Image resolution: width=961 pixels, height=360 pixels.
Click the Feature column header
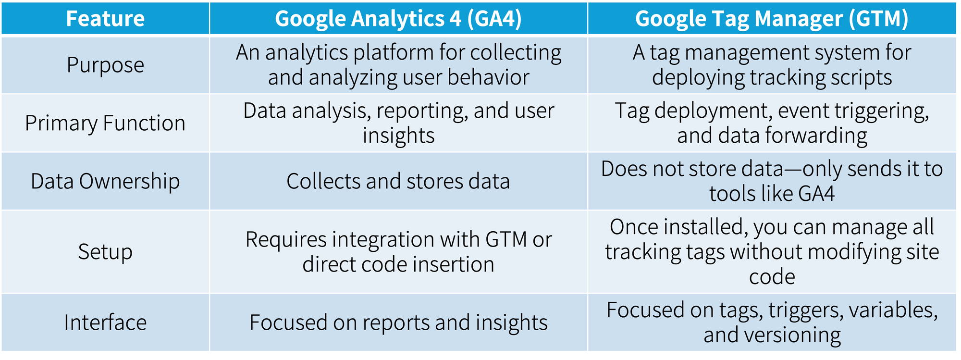click(x=105, y=19)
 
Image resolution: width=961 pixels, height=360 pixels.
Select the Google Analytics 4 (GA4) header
click(x=398, y=19)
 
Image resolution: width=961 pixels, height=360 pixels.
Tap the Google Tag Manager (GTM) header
click(x=772, y=19)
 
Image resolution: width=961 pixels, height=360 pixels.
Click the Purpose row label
click(x=105, y=65)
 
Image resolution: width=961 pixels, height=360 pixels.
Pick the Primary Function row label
click(x=105, y=123)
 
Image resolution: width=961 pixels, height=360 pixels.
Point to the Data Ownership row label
click(x=105, y=181)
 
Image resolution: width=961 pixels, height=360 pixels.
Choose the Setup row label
click(x=105, y=252)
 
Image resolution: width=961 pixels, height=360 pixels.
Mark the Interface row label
click(x=105, y=323)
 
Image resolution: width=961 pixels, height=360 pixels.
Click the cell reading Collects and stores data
click(x=398, y=181)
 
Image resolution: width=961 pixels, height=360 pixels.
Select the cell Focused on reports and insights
click(x=398, y=323)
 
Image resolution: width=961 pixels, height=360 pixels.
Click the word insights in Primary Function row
click(x=398, y=136)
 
